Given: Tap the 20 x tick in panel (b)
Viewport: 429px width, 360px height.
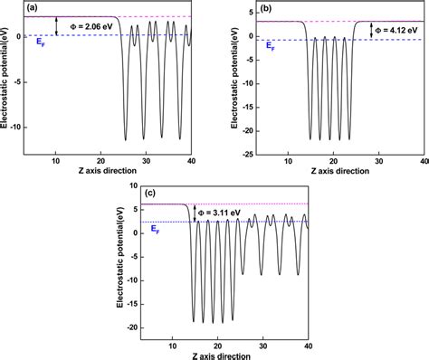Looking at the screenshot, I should pos(334,160).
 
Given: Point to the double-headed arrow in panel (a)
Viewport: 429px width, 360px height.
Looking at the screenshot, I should pos(56,26).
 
